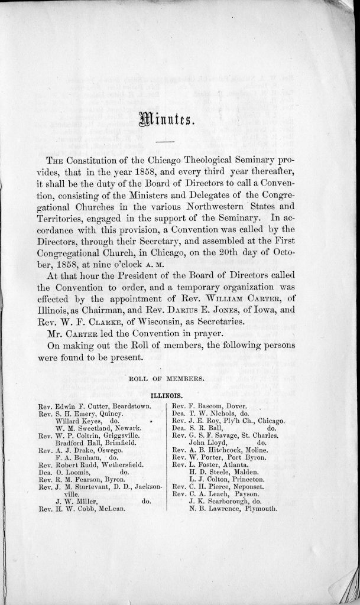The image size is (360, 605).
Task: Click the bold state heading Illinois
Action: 165,392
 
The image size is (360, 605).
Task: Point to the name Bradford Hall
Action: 76,443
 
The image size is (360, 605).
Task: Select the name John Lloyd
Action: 206,442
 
